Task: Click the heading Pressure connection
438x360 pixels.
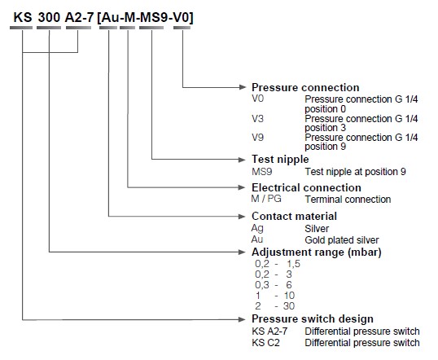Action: tap(305, 87)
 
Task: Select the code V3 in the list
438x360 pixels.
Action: tap(257, 119)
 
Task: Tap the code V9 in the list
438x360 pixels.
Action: tap(257, 137)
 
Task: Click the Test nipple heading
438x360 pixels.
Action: tap(280, 160)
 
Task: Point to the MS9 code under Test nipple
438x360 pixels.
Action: tap(261, 172)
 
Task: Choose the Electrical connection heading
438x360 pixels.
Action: tap(306, 187)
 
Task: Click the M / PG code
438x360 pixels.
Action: tap(266, 199)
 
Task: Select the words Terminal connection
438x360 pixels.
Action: tap(348, 200)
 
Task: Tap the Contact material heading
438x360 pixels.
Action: tap(294, 217)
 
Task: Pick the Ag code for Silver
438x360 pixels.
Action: tap(257, 228)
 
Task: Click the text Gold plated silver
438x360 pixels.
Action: tap(342, 240)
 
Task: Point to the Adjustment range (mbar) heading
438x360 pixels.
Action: tap(317, 252)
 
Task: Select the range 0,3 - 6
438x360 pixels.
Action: tap(274, 285)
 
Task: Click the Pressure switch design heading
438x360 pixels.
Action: tap(313, 319)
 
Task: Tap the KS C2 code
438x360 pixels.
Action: tap(265, 343)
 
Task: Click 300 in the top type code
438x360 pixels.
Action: tap(49, 18)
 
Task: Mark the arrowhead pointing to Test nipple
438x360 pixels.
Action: tap(243, 160)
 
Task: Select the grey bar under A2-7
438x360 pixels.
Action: tap(78, 28)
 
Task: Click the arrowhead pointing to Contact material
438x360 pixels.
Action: tap(243, 217)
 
